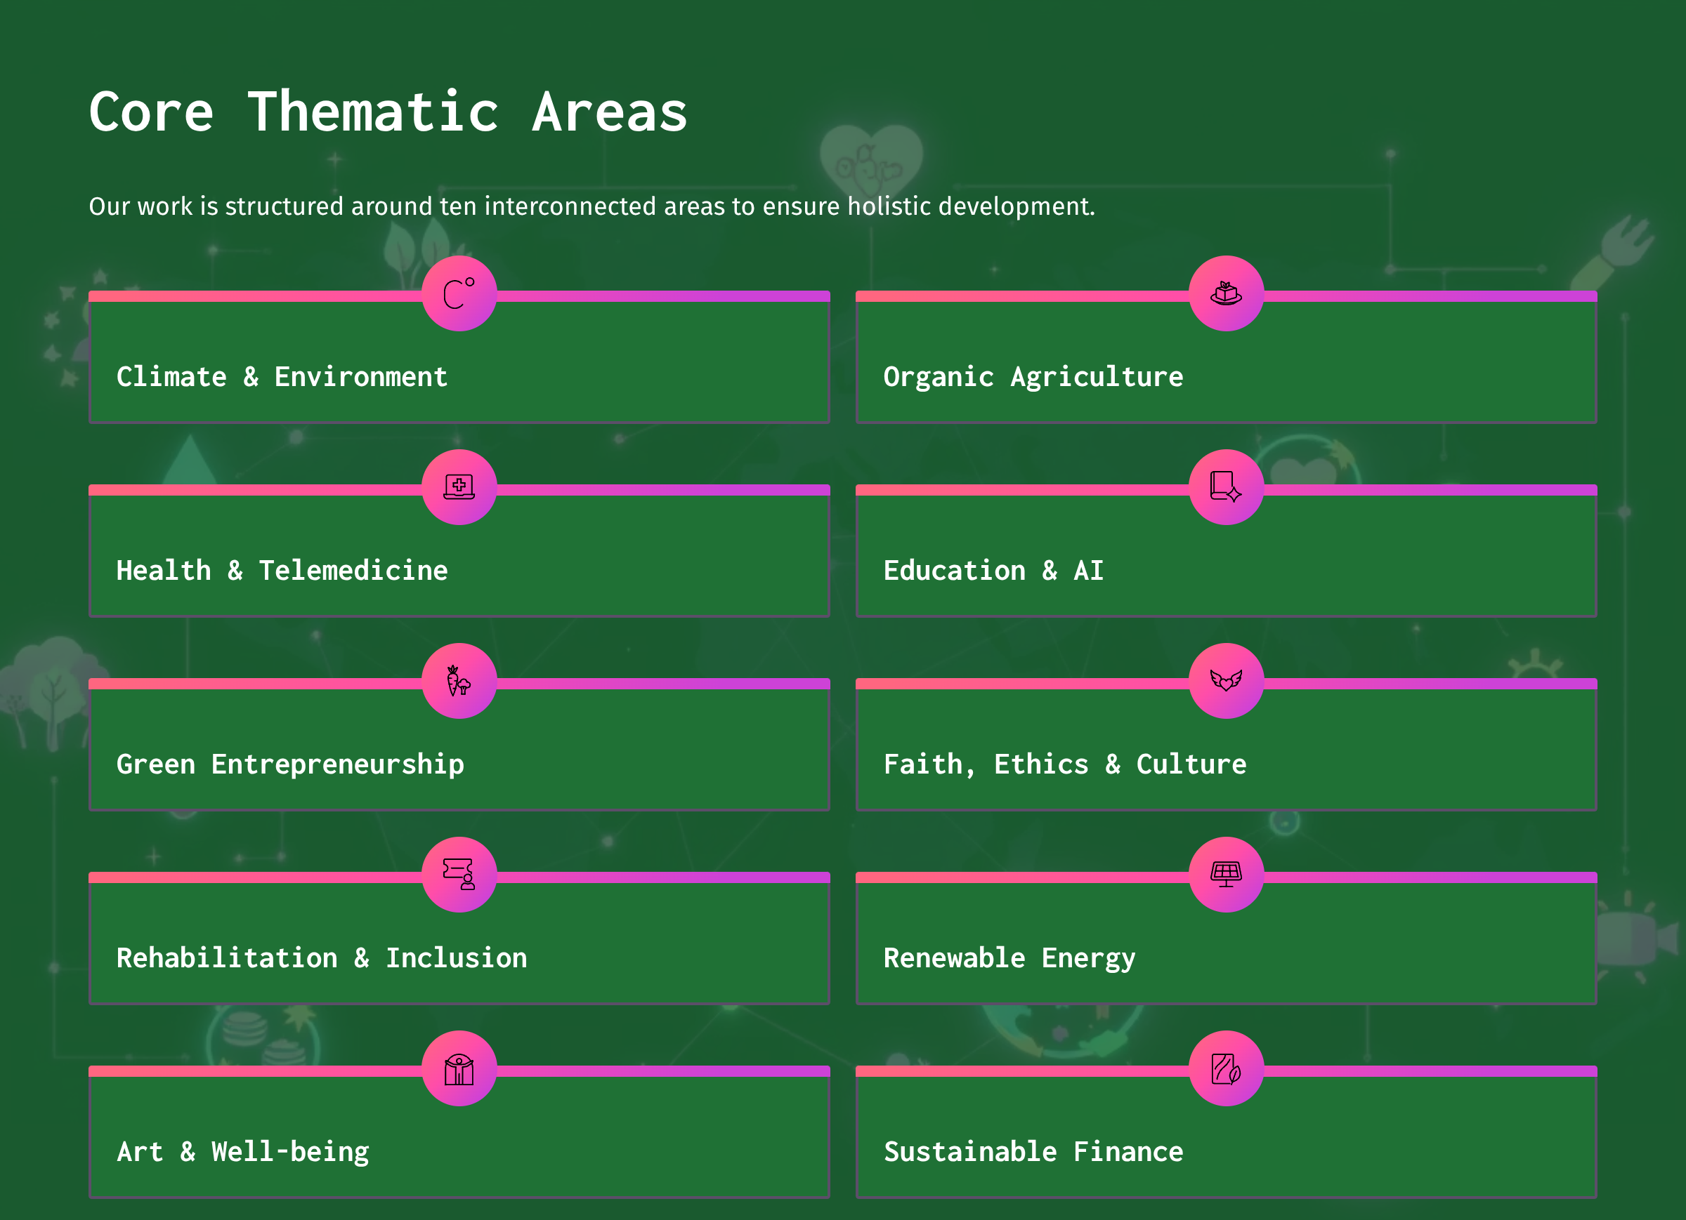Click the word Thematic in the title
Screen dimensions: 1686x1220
[x=373, y=112]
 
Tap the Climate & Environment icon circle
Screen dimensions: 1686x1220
[x=459, y=293]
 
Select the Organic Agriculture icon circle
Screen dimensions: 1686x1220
[x=1227, y=293]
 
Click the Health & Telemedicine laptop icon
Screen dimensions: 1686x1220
[x=459, y=486]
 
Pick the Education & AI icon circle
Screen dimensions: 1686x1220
[x=1227, y=487]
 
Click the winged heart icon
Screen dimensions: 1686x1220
[x=1227, y=679]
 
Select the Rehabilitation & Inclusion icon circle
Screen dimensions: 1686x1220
[x=459, y=875]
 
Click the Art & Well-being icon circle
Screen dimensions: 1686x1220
[x=459, y=1068]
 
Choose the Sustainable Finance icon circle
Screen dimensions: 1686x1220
[x=1227, y=1068]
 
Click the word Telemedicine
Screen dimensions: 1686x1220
[x=353, y=571]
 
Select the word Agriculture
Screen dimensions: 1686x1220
[x=1097, y=378]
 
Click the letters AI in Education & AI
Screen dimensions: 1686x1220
[x=1088, y=571]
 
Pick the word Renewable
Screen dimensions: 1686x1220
[x=955, y=958]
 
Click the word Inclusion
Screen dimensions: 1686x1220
[x=457, y=958]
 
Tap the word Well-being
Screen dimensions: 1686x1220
[x=290, y=1153]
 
